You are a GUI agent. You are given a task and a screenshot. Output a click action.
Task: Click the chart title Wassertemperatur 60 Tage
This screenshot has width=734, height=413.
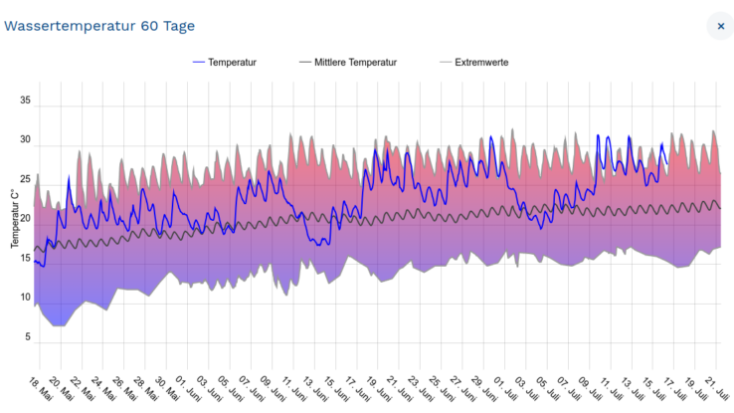tap(99, 26)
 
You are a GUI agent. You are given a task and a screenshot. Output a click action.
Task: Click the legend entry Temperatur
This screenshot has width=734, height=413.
tap(232, 62)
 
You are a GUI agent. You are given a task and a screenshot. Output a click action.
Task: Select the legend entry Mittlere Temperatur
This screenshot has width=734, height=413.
tap(355, 62)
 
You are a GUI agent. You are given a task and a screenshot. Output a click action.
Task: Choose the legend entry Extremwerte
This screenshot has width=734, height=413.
tap(482, 62)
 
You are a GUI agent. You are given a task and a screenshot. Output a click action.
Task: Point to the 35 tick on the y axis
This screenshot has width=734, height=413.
tap(26, 102)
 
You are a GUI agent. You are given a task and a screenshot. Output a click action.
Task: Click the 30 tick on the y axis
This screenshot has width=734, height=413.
tap(26, 141)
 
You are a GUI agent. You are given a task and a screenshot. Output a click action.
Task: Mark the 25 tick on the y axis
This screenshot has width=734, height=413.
tap(26, 180)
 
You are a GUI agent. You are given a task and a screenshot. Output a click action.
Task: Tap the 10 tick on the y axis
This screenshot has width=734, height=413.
tap(26, 298)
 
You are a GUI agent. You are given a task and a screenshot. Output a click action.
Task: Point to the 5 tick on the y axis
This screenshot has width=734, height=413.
tap(28, 337)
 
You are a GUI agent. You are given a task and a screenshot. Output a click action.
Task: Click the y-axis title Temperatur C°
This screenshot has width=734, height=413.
tap(15, 218)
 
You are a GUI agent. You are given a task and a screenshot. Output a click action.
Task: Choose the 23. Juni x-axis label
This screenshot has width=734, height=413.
tap(424, 389)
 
